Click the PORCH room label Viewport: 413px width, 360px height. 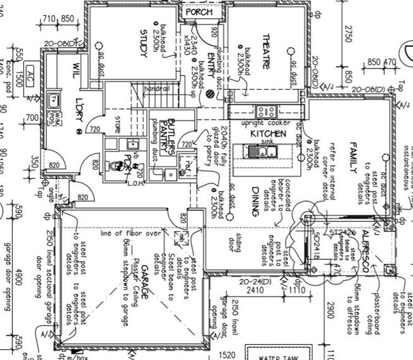pos(199,12)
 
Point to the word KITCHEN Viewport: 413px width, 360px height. pos(268,134)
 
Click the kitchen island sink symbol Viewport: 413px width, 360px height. pos(262,151)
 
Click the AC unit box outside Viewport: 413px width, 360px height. pos(30,70)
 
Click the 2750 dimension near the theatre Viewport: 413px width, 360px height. pos(348,36)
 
